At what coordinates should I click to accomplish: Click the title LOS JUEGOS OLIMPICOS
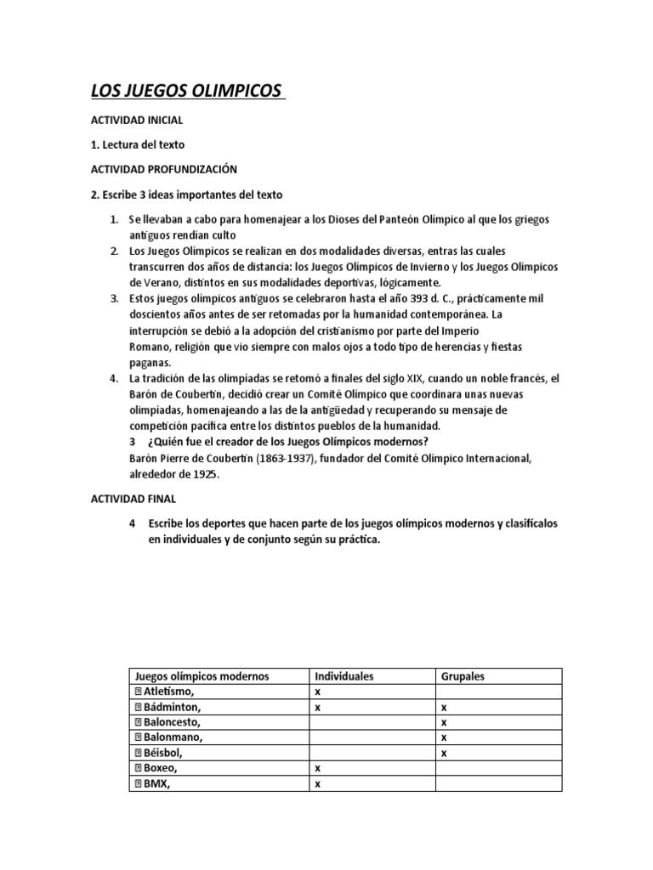pos(187,91)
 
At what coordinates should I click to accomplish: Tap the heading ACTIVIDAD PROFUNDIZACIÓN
pos(164,169)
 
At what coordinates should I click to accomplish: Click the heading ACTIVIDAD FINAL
pos(133,499)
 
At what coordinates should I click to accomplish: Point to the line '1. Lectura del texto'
pos(138,144)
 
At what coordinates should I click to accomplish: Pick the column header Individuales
pos(344,676)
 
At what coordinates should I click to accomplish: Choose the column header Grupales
pos(463,676)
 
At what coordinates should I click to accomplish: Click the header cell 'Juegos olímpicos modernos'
pos(201,676)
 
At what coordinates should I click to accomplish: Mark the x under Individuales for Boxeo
pos(317,768)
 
